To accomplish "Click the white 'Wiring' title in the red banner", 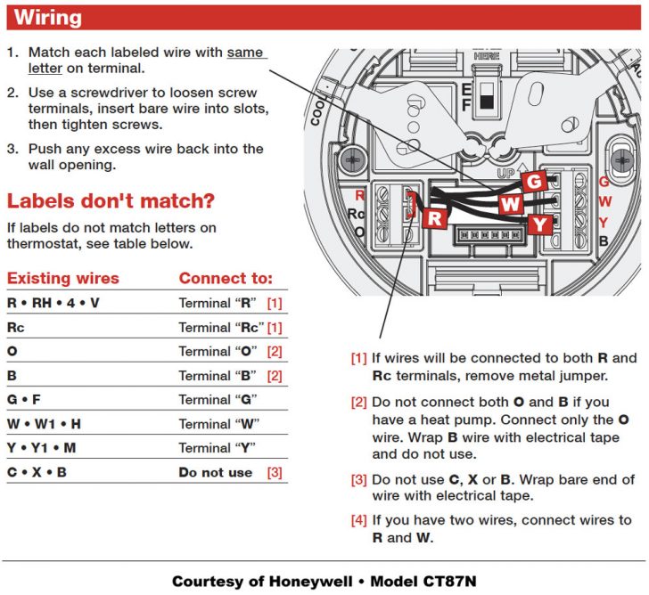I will click(x=48, y=18).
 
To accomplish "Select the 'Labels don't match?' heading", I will click(x=110, y=200).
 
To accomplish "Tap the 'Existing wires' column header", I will click(x=62, y=278).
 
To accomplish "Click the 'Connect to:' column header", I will click(x=226, y=278).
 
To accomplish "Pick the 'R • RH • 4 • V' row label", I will click(x=53, y=304).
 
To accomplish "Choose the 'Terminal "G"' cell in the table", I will click(x=218, y=400).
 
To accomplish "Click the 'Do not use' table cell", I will click(x=215, y=472).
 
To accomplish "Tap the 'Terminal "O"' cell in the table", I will click(x=218, y=352).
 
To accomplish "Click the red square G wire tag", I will click(x=534, y=182).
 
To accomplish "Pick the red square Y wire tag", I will click(x=539, y=224).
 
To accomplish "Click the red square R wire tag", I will click(x=435, y=217).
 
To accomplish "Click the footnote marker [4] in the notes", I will click(x=358, y=520).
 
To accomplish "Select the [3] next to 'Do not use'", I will click(x=275, y=472).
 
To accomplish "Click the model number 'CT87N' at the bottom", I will click(x=449, y=582).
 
